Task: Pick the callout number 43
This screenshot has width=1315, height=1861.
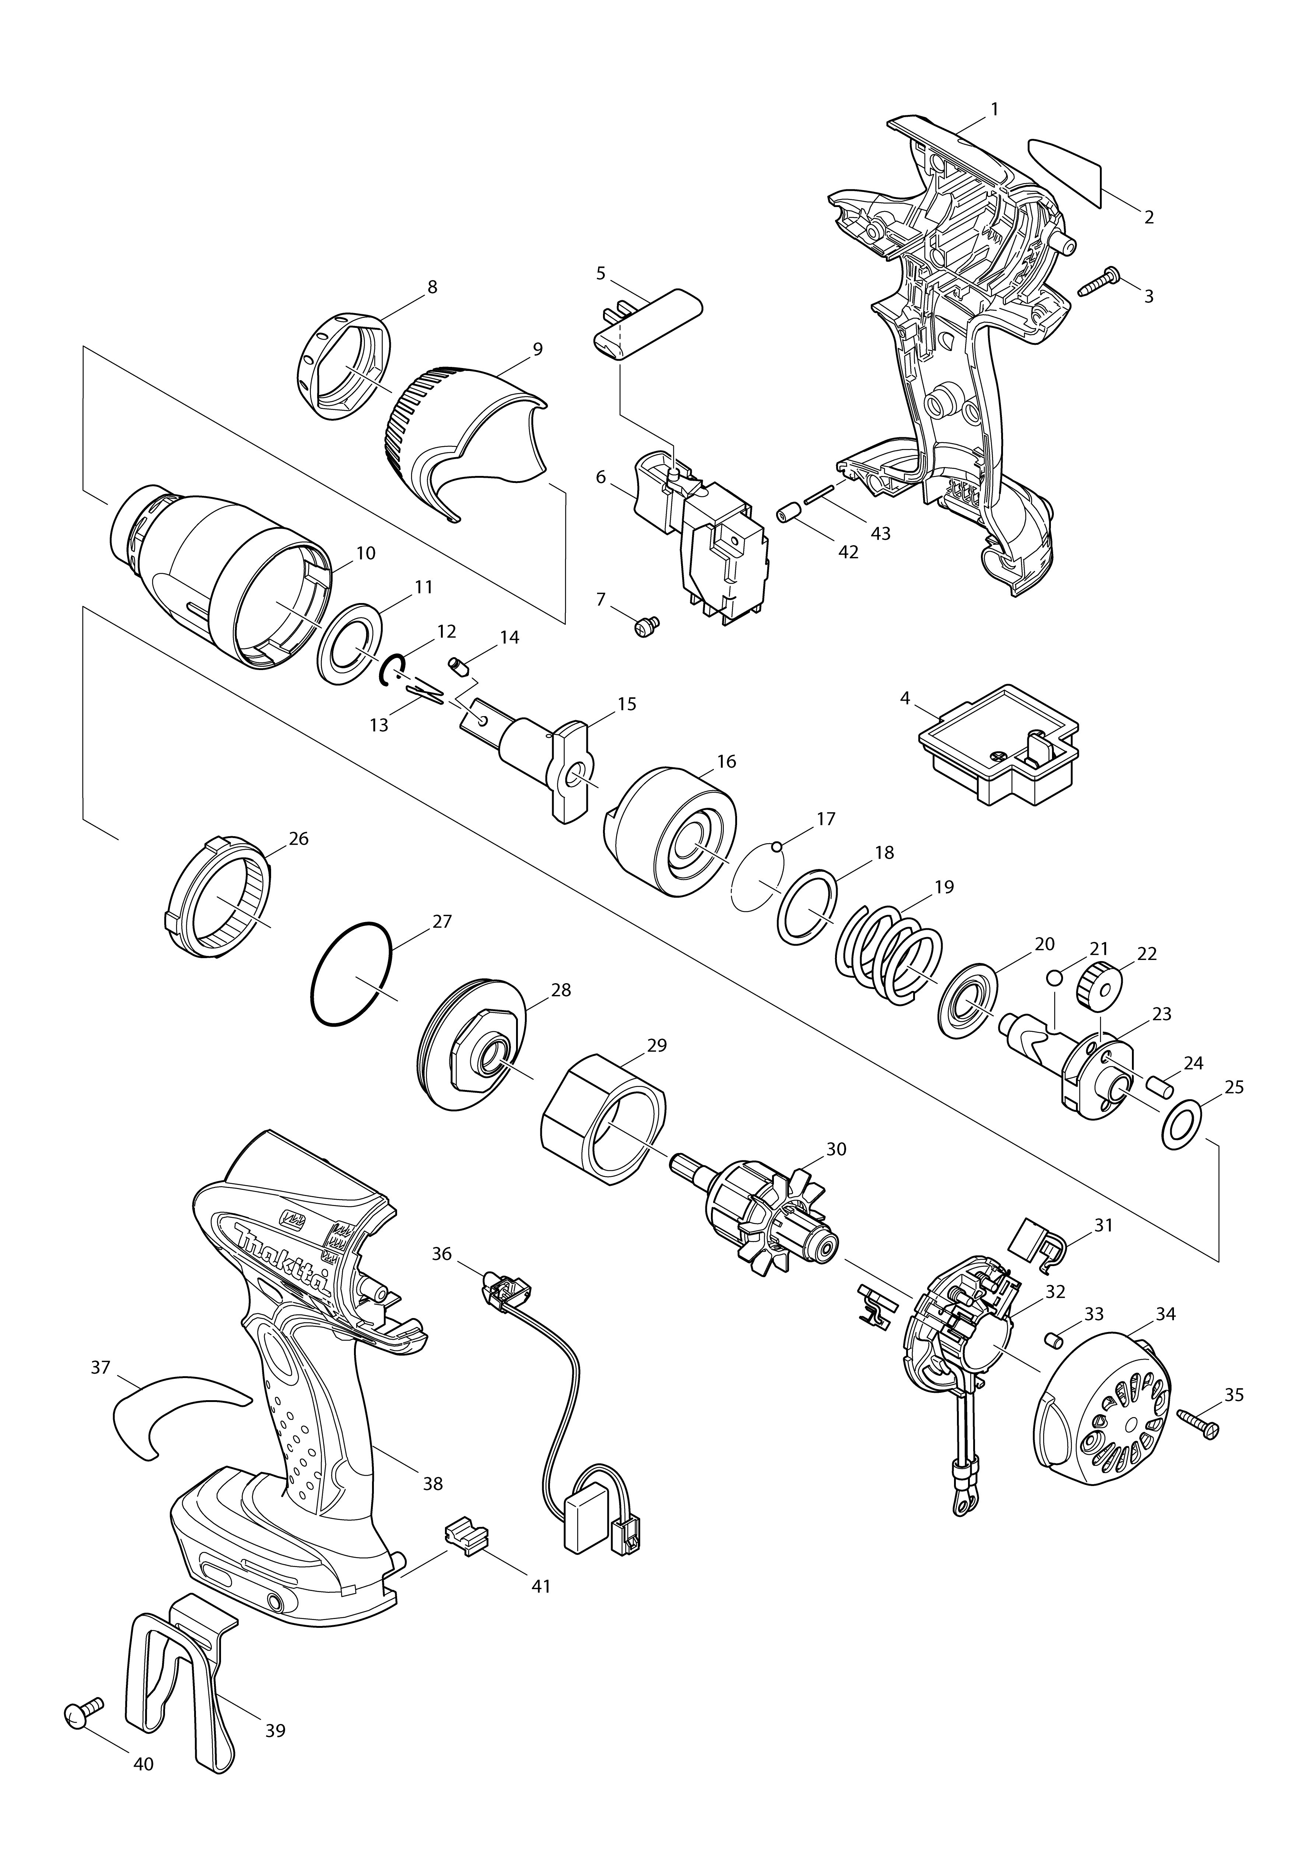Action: [880, 533]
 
